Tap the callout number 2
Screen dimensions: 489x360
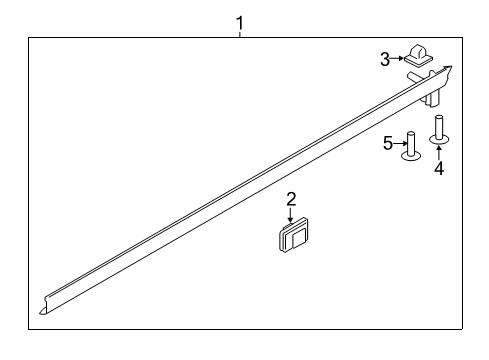[x=291, y=199]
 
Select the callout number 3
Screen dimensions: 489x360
[x=384, y=60]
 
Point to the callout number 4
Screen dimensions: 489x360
[x=438, y=168]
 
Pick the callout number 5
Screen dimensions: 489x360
[x=389, y=144]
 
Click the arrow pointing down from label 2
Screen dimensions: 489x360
[x=291, y=216]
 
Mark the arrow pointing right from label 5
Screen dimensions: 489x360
[x=401, y=144]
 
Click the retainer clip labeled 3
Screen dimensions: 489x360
[x=418, y=61]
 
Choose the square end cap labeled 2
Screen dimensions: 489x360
[x=291, y=241]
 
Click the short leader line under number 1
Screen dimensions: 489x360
[x=239, y=32]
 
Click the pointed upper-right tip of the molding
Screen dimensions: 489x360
[x=449, y=68]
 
